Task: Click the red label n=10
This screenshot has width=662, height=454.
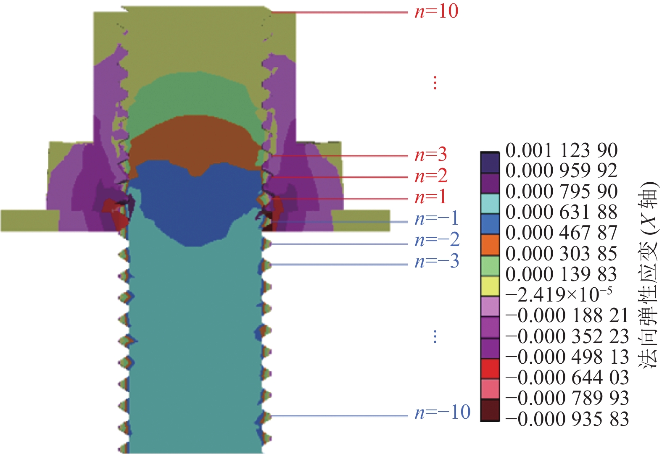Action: coord(437,12)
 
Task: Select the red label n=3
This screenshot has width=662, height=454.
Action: coord(430,155)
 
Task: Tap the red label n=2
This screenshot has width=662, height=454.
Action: coord(431,176)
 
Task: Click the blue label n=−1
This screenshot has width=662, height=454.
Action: coord(437,219)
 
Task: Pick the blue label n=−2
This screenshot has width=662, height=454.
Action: coord(437,240)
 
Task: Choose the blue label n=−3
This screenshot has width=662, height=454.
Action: coord(437,261)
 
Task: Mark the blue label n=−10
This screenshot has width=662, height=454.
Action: coord(443,412)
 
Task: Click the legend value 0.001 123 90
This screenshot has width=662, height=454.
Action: coord(561,150)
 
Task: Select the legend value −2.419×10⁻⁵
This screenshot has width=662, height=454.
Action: coord(559,294)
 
